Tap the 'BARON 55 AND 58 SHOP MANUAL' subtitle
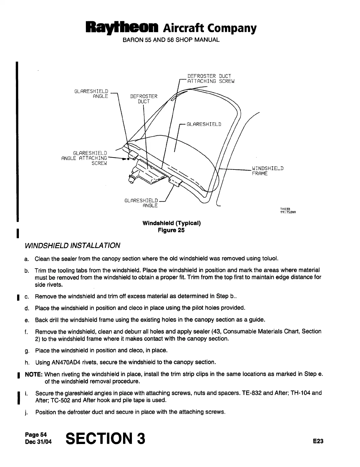coord(171,40)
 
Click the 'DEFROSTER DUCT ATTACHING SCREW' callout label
coord(211,78)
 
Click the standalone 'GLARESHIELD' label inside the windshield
coord(204,124)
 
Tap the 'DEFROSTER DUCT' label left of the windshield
coord(144,99)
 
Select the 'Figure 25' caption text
coord(171,230)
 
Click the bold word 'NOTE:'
coord(35,374)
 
